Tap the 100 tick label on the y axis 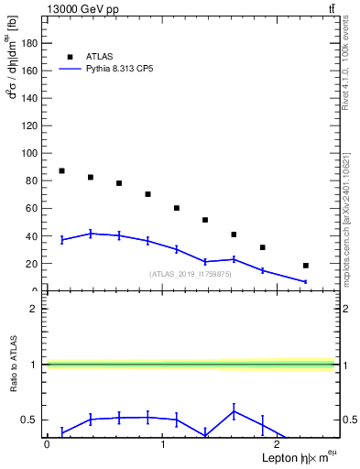[x=30, y=153]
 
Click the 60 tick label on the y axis [x=33, y=208]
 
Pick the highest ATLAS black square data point [x=61, y=171]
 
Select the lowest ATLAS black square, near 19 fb [x=305, y=266]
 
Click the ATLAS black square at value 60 [x=177, y=208]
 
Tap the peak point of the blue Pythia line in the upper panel [x=90, y=234]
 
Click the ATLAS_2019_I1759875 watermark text [x=191, y=274]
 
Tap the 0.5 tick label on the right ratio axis [x=349, y=420]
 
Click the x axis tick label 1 [x=162, y=444]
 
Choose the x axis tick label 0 [x=47, y=444]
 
